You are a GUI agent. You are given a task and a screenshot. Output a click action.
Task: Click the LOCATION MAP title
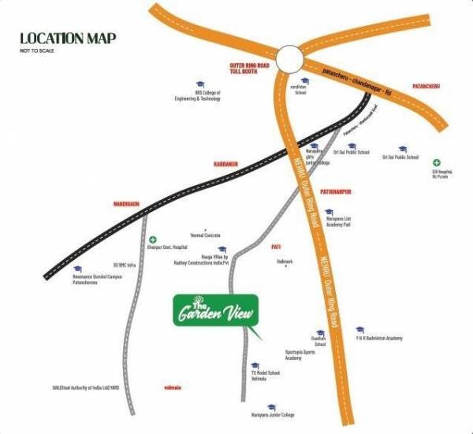68,38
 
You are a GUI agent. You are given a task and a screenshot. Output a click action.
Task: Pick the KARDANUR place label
225,164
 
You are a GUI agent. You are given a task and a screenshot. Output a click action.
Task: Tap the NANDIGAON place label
125,204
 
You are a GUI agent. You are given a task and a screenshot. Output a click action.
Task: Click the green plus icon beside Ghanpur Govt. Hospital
154,239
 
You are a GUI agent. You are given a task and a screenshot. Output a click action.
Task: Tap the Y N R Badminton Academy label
378,338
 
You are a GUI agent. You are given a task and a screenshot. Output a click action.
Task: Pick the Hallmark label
285,261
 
